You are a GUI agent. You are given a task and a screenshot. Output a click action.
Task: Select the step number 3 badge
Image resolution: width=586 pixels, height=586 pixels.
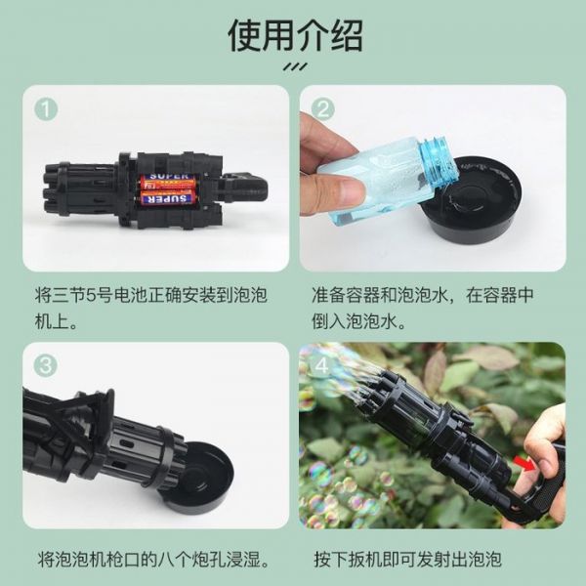[x=45, y=366]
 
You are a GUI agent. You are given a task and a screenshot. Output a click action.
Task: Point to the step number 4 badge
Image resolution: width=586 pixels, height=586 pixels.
[x=323, y=366]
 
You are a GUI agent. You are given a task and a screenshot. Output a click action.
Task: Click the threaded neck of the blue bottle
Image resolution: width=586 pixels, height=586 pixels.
[x=441, y=161]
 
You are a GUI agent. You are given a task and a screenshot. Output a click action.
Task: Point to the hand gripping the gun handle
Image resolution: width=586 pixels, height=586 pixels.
[x=547, y=459]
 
